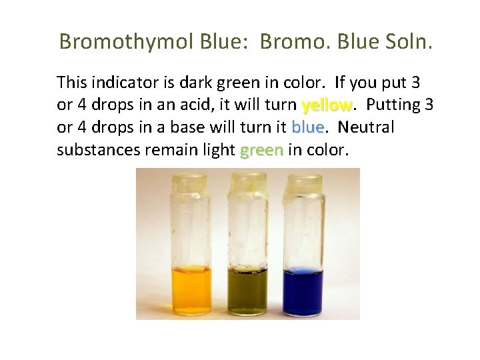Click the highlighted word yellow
(327, 105)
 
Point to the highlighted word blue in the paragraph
(307, 127)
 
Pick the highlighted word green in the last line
(261, 151)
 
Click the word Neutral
(367, 127)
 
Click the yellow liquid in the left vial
(191, 291)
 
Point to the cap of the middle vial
(247, 181)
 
